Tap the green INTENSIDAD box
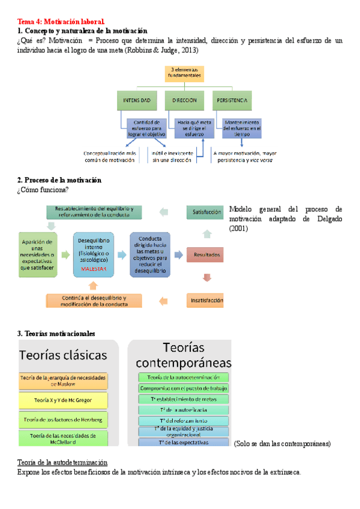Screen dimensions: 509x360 pyautogui.click(x=139, y=100)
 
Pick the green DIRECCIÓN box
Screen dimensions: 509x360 pyautogui.click(x=185, y=100)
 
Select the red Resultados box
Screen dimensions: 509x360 pyautogui.click(x=206, y=255)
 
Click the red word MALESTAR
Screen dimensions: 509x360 pyautogui.click(x=93, y=270)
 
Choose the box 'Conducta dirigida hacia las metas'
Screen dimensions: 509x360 pyautogui.click(x=150, y=254)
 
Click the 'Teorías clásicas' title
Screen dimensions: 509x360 pyautogui.click(x=64, y=354)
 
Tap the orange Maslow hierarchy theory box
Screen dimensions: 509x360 pyautogui.click(x=63, y=380)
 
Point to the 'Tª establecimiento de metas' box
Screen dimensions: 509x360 pyautogui.click(x=184, y=399)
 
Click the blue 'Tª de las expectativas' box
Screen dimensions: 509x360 pyautogui.click(x=184, y=442)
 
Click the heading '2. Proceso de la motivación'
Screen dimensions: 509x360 pyautogui.click(x=59, y=180)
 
